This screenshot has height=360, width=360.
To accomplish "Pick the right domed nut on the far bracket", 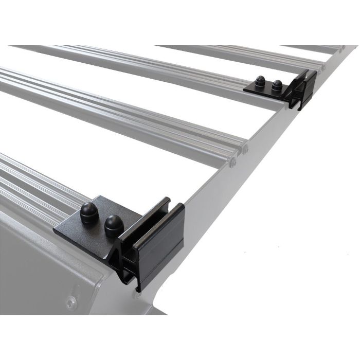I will point(277,85).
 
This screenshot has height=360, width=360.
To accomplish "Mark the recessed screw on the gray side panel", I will point(71,301).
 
